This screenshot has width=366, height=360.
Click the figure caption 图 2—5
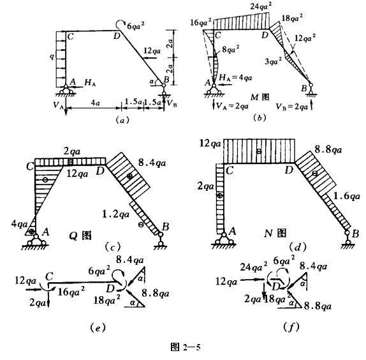[x=186, y=347]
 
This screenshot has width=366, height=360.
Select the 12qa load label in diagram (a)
[x=152, y=50]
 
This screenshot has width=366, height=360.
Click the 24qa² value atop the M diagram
[x=261, y=6]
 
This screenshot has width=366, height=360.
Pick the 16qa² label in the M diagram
[x=201, y=22]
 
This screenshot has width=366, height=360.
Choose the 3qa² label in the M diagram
[x=273, y=61]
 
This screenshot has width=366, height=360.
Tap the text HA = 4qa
[x=235, y=77]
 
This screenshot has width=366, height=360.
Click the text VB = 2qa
[x=292, y=107]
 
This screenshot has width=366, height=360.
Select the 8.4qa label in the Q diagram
[x=152, y=163]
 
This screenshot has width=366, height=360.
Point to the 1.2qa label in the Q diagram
[x=116, y=214]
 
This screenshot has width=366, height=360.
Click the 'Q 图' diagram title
[x=80, y=236]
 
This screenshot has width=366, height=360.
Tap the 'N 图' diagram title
[x=275, y=233]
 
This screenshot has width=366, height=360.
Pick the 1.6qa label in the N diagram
[x=347, y=196]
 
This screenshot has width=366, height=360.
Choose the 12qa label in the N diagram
[x=210, y=144]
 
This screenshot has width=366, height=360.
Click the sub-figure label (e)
[x=98, y=327]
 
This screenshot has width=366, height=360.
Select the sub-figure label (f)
[x=291, y=327]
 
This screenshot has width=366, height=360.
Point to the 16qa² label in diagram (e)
[x=71, y=291]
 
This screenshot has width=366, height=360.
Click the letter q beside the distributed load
[x=52, y=56]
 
